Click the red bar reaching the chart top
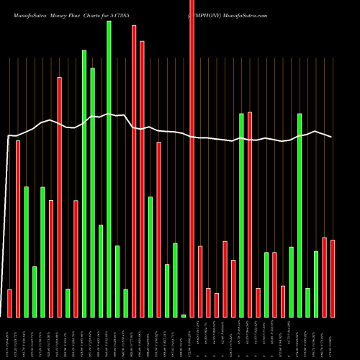[x=192, y=158]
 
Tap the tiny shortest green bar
[x=184, y=315]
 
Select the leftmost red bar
[x=10, y=303]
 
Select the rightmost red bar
[x=333, y=278]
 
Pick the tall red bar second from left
[x=18, y=228]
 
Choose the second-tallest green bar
[x=84, y=183]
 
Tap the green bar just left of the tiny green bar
[x=175, y=280]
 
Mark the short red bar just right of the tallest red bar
[x=200, y=282]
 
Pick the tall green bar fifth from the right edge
[x=299, y=215]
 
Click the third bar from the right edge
[x=316, y=284]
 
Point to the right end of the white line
[x=332, y=137]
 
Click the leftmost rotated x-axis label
[x=10, y=338]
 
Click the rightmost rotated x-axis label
[x=333, y=338]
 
